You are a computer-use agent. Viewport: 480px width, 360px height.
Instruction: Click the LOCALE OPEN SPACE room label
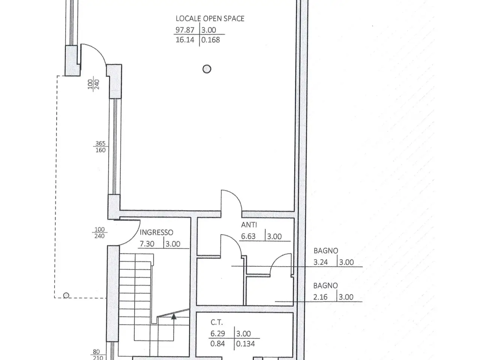(x=210, y=19)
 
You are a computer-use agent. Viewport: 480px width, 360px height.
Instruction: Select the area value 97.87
(x=185, y=30)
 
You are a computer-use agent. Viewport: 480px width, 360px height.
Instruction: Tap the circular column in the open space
(x=207, y=69)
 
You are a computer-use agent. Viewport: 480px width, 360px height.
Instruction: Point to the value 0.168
(x=210, y=40)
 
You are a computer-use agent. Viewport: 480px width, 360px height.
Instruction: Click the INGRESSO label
(x=156, y=232)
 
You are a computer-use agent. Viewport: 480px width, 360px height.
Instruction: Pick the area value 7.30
(x=147, y=244)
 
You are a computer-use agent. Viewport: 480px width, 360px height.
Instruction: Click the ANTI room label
(x=249, y=225)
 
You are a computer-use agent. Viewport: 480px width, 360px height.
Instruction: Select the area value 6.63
(x=248, y=236)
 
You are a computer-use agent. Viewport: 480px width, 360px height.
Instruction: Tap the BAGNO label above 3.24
(x=326, y=251)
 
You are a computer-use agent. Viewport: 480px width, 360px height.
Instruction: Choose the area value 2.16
(x=320, y=297)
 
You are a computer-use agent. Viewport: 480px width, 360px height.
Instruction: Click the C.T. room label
(x=217, y=322)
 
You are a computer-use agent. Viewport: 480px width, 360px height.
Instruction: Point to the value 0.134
(x=245, y=344)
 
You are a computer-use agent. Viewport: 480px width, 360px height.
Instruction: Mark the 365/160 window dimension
(x=100, y=147)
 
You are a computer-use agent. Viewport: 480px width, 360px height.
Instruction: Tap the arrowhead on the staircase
(x=174, y=316)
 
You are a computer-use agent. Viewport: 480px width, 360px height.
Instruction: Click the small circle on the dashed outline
(x=66, y=295)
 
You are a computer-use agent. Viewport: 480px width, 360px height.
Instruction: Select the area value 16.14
(x=185, y=40)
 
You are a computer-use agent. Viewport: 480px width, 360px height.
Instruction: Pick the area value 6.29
(x=217, y=333)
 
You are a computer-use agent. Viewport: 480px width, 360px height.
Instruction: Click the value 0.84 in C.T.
(x=217, y=344)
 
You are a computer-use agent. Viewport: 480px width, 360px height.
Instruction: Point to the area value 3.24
(x=321, y=262)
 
